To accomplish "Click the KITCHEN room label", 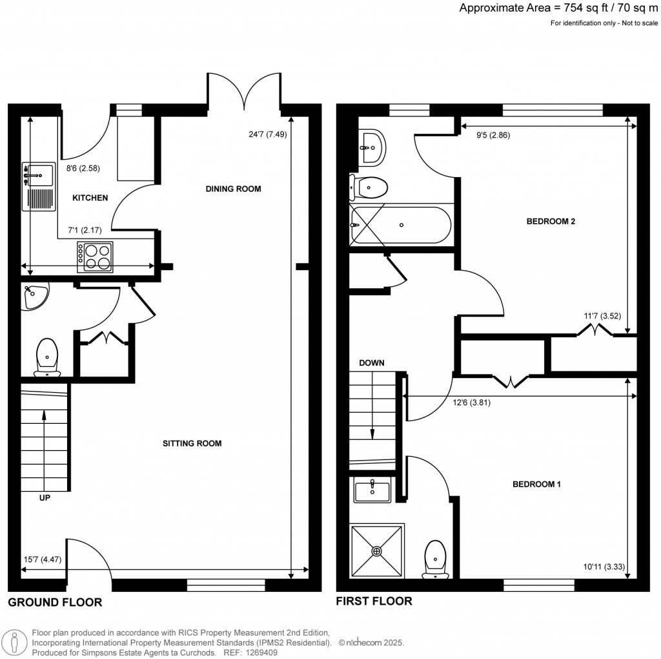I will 90,198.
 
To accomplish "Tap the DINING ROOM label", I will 233,189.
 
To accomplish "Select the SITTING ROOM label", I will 192,443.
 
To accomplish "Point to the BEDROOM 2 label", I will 551,221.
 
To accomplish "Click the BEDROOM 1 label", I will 537,484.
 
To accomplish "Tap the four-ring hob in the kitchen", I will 95,255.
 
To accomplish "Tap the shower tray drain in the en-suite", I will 377,551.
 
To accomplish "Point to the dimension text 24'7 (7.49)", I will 263,135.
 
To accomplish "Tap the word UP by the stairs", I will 44,498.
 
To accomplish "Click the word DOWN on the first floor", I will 372,363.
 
